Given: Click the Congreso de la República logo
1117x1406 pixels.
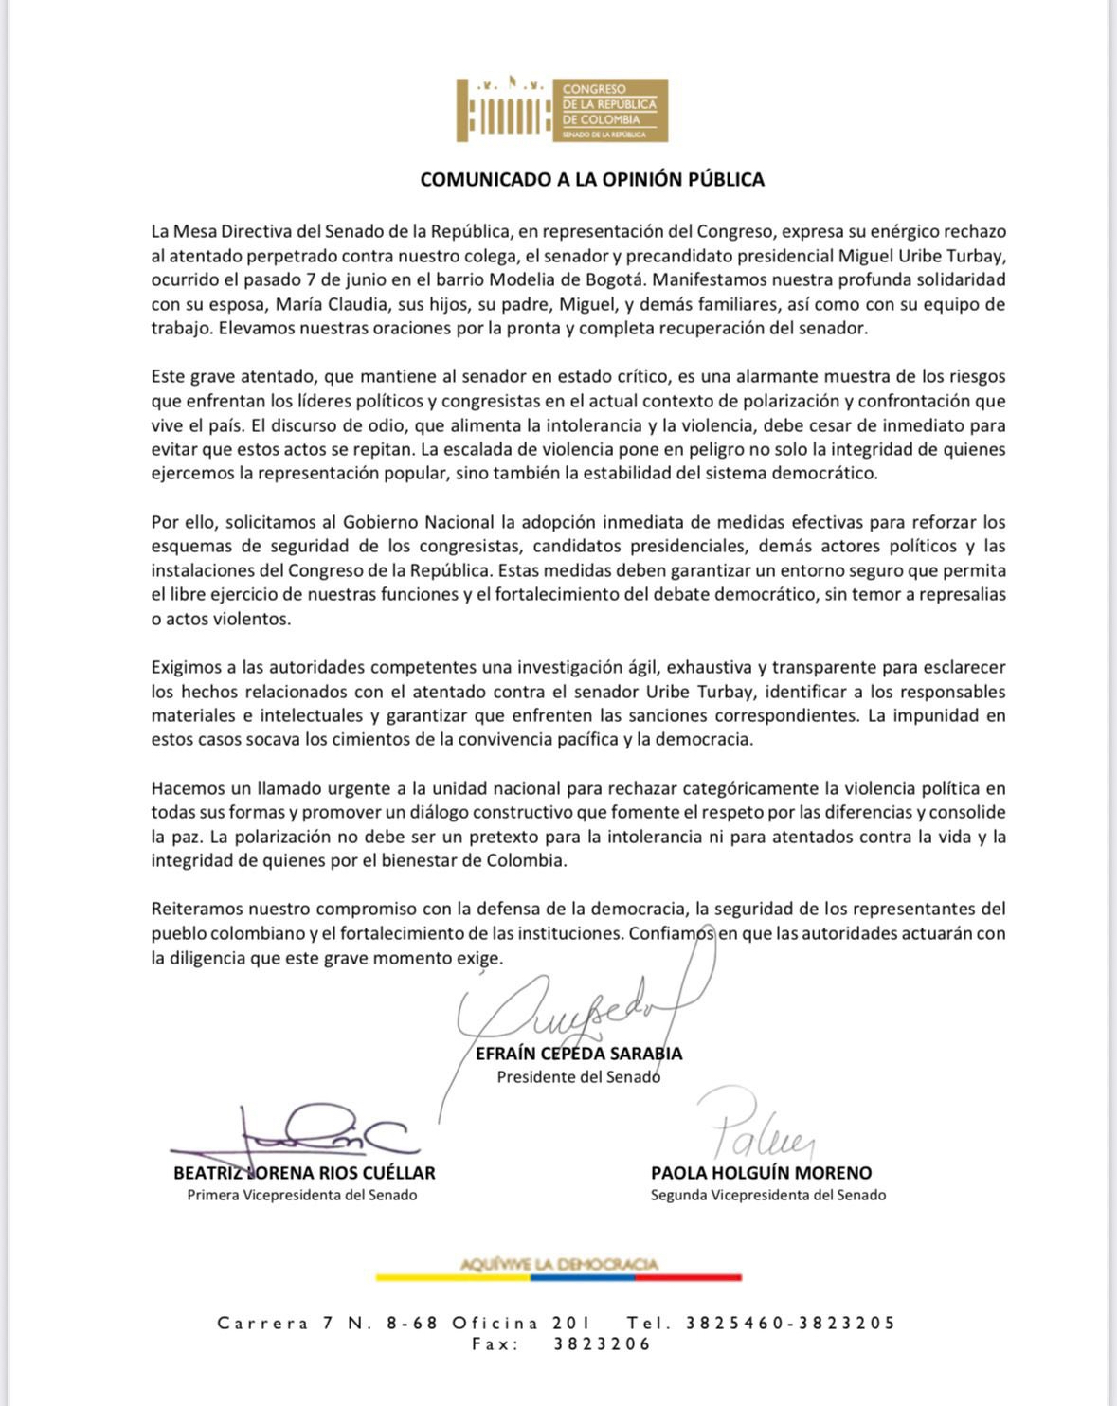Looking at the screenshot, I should tap(562, 110).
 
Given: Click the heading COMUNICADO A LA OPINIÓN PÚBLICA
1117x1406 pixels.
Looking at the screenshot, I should tap(592, 180).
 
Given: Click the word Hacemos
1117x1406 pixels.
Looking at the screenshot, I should tap(186, 788).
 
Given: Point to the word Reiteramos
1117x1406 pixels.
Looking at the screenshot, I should tap(196, 909).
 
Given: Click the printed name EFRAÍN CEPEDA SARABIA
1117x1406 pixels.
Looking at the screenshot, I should tap(579, 1054).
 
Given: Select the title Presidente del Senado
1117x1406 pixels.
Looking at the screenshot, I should tap(579, 1077).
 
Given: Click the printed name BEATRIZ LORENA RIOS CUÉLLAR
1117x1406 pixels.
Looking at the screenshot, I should tap(304, 1173).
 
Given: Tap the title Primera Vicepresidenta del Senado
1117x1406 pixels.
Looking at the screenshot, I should tap(302, 1196).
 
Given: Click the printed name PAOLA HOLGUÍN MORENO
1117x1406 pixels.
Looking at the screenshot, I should tap(761, 1173).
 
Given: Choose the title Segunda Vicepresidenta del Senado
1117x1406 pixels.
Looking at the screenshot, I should tap(768, 1196).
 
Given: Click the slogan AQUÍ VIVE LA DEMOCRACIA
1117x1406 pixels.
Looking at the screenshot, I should tap(559, 1264).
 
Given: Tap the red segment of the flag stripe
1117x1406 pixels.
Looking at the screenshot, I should tap(688, 1277).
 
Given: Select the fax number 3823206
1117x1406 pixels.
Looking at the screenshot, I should tap(603, 1344).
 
